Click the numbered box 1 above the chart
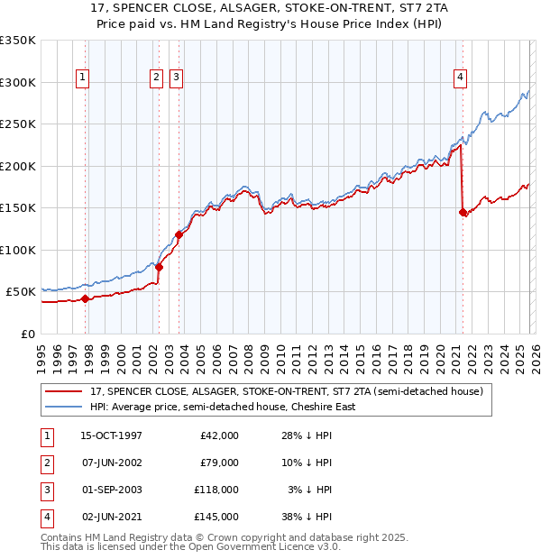pyautogui.click(x=82, y=78)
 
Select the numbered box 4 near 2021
pyautogui.click(x=460, y=78)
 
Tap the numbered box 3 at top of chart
pyautogui.click(x=175, y=78)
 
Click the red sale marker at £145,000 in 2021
pyautogui.click(x=463, y=213)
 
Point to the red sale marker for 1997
pyautogui.click(x=86, y=298)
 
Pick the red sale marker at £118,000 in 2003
pyautogui.click(x=179, y=235)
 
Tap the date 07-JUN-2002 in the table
pyautogui.click(x=111, y=463)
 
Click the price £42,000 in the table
pyautogui.click(x=219, y=435)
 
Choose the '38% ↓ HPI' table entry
pyautogui.click(x=305, y=517)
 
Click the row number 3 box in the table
pyautogui.click(x=46, y=490)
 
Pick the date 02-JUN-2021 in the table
pyautogui.click(x=111, y=517)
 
